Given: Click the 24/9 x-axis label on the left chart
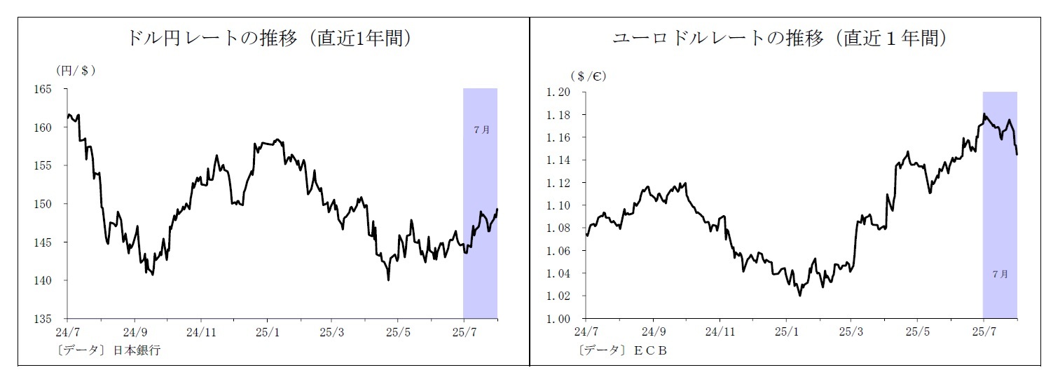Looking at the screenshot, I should pos(135,331).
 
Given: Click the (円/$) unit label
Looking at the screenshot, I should pos(75,71).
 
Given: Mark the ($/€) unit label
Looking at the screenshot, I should pos(588,76).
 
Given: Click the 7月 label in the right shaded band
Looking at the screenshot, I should pos(1000,274).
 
